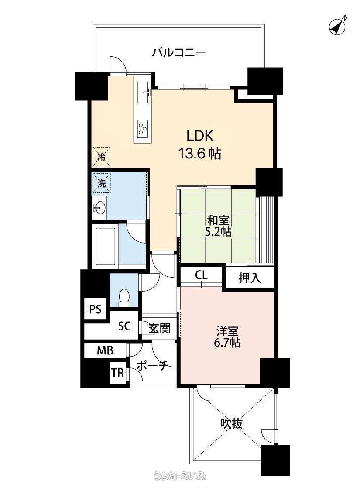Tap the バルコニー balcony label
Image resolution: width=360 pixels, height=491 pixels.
tap(179, 52)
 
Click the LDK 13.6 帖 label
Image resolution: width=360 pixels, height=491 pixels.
tap(200, 144)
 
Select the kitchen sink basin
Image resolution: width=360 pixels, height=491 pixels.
tap(143, 93)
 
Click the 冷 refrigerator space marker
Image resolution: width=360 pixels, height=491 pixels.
tap(101, 156)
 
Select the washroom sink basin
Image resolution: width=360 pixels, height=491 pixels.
tap(99, 207)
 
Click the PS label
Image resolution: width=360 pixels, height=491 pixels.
tap(96, 309)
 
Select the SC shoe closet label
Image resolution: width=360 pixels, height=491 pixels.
tap(124, 326)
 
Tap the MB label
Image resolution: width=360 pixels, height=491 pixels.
tap(105, 350)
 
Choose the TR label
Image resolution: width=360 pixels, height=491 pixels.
tap(118, 373)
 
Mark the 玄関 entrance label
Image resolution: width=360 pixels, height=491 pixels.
tap(159, 328)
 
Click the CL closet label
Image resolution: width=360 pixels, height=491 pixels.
tap(201, 275)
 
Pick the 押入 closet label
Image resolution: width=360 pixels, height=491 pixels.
tap(250, 278)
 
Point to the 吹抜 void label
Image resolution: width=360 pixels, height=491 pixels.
tap(231, 424)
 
